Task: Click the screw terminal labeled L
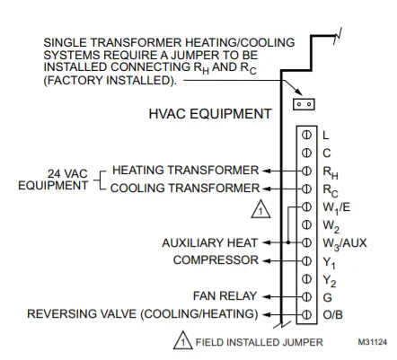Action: [306, 136]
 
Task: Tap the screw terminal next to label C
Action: [306, 154]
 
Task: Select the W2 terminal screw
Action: [306, 224]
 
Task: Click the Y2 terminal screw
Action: [306, 279]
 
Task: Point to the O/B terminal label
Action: [332, 315]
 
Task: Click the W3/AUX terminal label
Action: [345, 243]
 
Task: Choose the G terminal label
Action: [327, 297]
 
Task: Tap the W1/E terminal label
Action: [336, 208]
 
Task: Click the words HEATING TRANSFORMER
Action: [185, 170]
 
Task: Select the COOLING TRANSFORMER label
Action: [185, 188]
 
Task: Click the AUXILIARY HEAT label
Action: [209, 242]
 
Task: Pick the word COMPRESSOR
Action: [216, 260]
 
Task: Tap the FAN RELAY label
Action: [225, 296]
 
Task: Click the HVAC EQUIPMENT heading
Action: [210, 114]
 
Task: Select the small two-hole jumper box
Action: [304, 104]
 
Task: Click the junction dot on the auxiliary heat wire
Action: [288, 242]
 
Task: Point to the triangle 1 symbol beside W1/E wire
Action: [260, 209]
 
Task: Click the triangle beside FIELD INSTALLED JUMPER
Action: [183, 340]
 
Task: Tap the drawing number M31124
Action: [372, 342]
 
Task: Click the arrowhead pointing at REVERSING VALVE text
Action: [266, 315]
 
